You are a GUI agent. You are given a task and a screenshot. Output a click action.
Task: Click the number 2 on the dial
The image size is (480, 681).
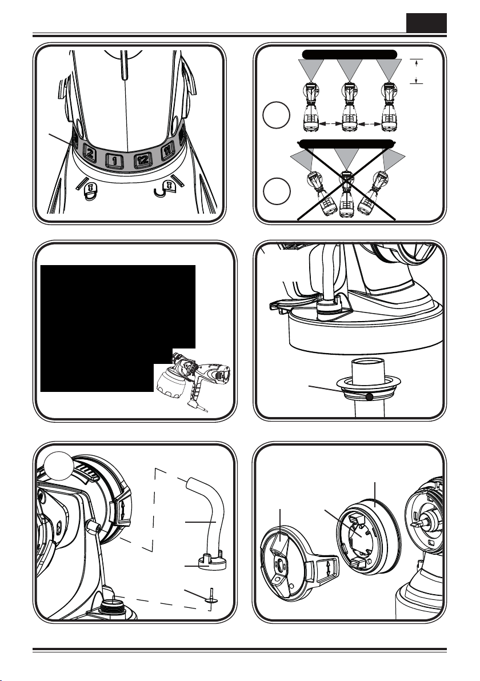[x=90, y=153]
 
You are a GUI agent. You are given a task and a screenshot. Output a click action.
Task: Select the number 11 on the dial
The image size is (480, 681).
[x=167, y=151]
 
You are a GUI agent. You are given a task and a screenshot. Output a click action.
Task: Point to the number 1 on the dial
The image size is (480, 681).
[x=114, y=161]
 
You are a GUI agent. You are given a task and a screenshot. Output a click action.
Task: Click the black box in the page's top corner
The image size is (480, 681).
[x=426, y=23]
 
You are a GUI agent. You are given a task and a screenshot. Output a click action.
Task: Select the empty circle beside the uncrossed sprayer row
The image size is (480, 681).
[x=276, y=115]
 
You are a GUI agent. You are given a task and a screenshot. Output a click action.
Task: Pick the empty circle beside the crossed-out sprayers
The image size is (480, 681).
[x=276, y=191]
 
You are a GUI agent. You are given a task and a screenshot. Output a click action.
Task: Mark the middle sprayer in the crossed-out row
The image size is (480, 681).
[x=346, y=195]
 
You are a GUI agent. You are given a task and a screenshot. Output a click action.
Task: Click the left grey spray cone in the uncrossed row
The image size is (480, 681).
[x=311, y=69]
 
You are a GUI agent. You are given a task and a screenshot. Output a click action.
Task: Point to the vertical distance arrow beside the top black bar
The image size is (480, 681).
[x=417, y=70]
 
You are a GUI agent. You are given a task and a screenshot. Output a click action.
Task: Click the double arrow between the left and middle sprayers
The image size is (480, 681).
[x=330, y=124]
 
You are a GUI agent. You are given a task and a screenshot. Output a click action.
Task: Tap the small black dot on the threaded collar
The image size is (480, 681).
[x=369, y=396]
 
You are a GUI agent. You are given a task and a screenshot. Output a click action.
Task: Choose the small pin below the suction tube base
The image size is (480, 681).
[x=211, y=599]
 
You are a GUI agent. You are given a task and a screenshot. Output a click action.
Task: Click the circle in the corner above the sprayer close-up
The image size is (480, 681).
[x=60, y=464]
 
